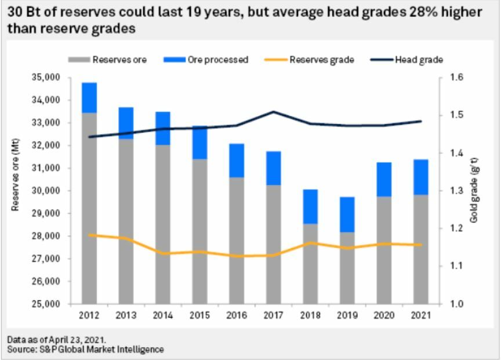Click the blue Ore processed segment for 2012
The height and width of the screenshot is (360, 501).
(89, 98)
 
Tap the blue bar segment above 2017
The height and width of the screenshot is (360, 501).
(273, 168)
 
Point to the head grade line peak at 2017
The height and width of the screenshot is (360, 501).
(273, 112)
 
